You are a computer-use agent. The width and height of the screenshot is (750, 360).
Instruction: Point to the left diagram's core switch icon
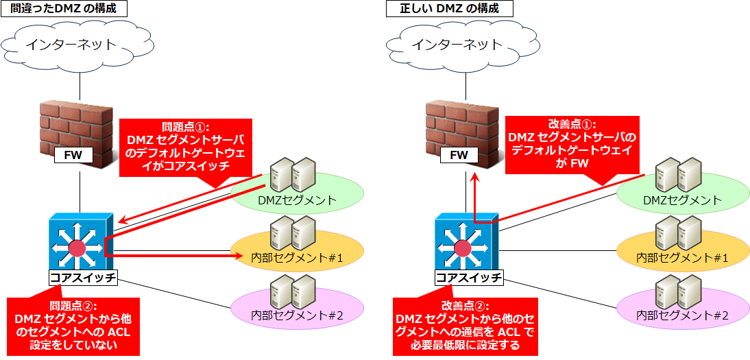pyautogui.click(x=80, y=243)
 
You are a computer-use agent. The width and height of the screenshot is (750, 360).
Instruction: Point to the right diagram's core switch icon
pyautogui.click(x=465, y=243)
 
